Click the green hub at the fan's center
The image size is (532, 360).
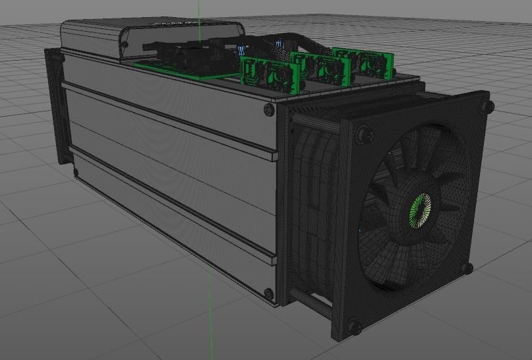click(419, 210)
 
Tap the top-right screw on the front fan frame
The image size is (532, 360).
click(487, 106)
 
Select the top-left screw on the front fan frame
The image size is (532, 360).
click(361, 135)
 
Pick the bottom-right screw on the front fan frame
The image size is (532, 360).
click(467, 268)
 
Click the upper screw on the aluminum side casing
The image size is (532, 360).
click(268, 108)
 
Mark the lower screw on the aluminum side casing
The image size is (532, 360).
click(268, 293)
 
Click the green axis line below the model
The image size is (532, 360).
click(210, 323)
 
